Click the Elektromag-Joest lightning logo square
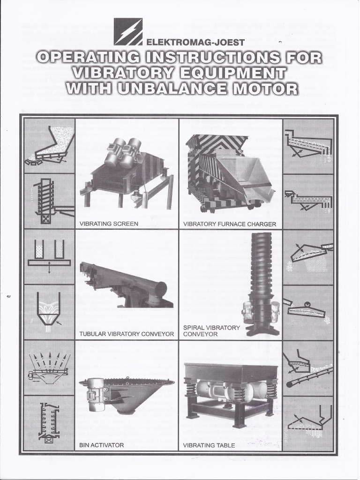click(x=127, y=31)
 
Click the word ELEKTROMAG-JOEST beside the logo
click(x=195, y=43)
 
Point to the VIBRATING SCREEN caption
click(x=109, y=224)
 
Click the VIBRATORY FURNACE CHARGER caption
click(x=230, y=224)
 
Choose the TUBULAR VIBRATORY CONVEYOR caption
click(x=127, y=334)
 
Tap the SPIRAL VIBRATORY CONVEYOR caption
click(x=211, y=331)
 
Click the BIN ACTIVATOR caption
click(x=102, y=445)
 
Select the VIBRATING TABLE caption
click(x=209, y=445)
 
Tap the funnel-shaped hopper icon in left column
click(x=49, y=311)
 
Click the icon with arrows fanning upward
click(x=49, y=366)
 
